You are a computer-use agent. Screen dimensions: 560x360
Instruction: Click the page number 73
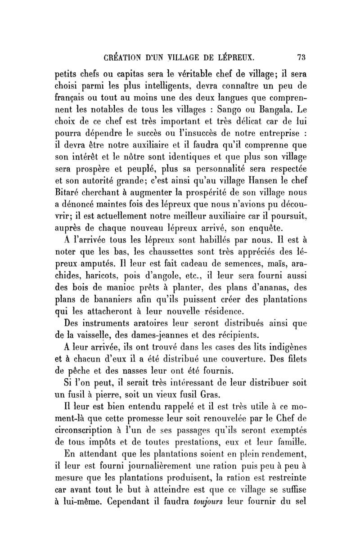point(301,57)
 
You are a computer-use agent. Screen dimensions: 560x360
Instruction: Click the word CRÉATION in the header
point(123,57)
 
